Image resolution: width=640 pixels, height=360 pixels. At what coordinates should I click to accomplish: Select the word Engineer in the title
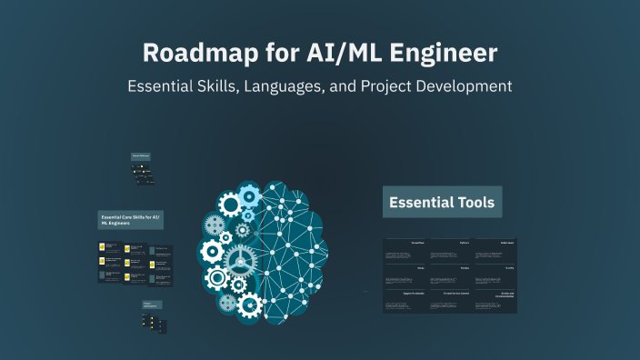coord(443,53)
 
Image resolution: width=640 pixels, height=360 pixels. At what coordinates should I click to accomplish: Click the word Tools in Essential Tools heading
coord(474,202)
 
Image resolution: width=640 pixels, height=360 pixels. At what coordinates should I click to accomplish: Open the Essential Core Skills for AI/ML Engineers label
coord(130,220)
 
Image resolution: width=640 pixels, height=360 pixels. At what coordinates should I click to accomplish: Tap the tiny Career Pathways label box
coord(140,156)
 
